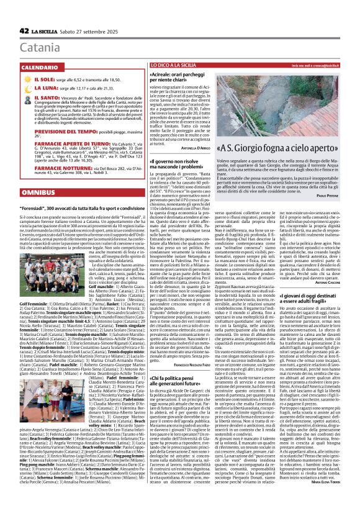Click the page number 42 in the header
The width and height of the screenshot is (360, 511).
[24, 31]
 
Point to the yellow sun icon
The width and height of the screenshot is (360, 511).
[27, 81]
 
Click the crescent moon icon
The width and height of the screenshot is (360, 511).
[27, 89]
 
